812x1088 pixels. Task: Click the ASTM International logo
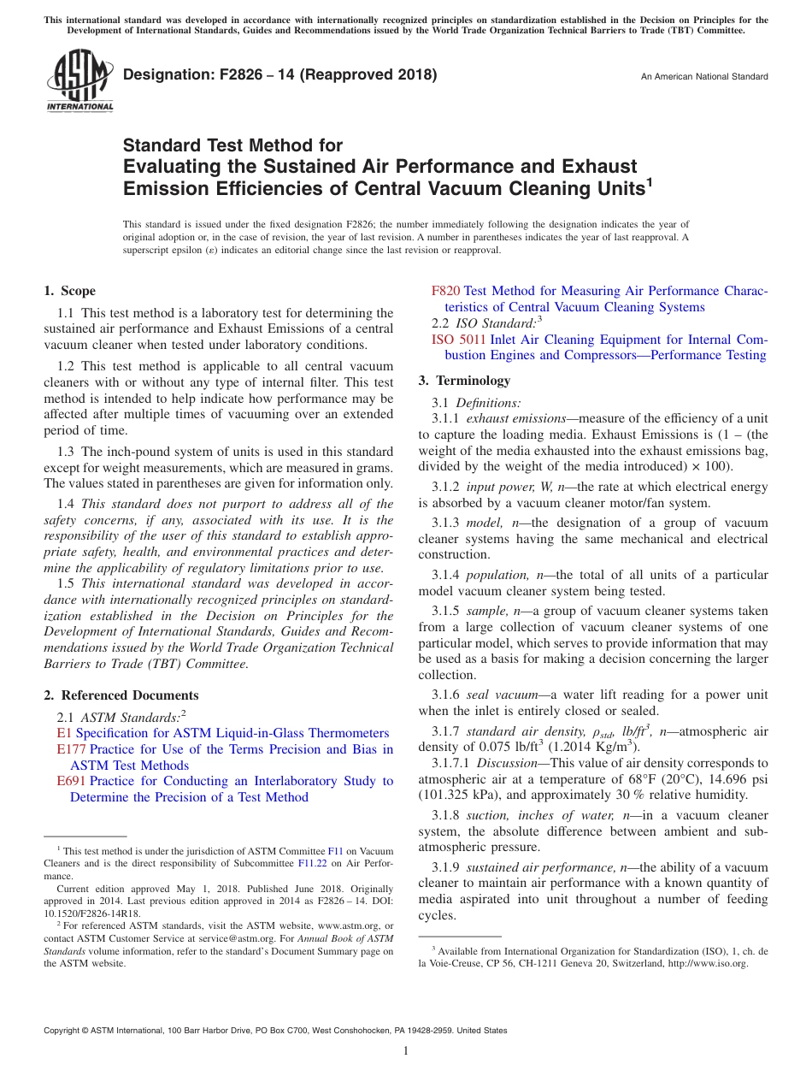click(x=79, y=83)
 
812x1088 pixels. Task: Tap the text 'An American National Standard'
click(x=703, y=77)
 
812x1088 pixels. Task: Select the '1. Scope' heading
click(x=70, y=291)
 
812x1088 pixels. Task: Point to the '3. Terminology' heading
click(x=464, y=381)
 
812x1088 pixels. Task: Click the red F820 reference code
click(x=445, y=291)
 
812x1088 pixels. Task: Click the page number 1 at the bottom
click(x=406, y=1051)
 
